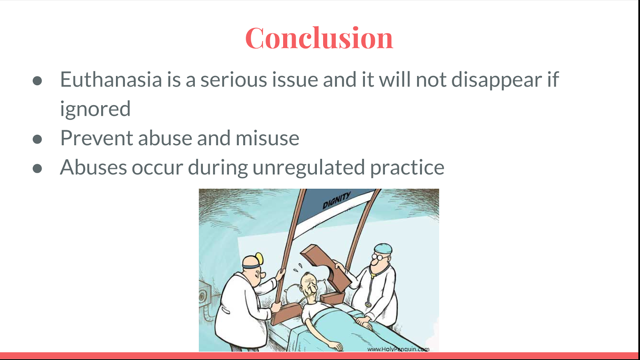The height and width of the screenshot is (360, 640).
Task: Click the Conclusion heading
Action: [x=319, y=38]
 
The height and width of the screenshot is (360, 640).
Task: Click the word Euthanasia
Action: [x=111, y=79]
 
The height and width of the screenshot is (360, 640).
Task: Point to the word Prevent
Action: [x=97, y=138]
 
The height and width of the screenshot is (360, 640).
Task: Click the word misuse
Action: [x=268, y=138]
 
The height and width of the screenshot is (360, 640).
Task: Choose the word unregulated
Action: [x=308, y=168]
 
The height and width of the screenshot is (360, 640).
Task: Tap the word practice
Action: [x=408, y=168]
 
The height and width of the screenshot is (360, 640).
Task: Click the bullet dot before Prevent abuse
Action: [x=38, y=139]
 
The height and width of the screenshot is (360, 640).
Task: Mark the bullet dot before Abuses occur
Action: [x=38, y=168]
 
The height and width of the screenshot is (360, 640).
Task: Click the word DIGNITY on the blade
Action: [x=336, y=200]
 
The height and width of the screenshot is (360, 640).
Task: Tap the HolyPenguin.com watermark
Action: [x=398, y=349]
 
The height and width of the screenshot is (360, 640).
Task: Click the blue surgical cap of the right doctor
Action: [x=383, y=248]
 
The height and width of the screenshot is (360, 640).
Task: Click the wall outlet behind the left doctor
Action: [x=203, y=296]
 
